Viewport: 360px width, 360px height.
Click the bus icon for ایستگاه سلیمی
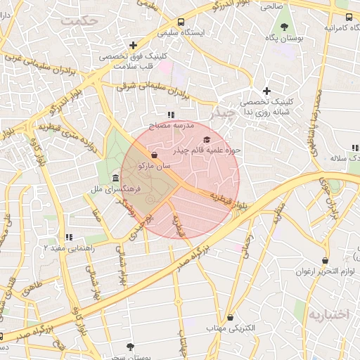coord(181,22)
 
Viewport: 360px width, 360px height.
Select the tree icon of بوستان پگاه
coord(284,27)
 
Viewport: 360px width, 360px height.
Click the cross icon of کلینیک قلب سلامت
coord(133,45)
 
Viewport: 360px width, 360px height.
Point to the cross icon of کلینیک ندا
coord(266,91)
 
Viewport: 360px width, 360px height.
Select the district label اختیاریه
coord(328,315)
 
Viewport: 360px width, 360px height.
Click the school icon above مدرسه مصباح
coord(170,114)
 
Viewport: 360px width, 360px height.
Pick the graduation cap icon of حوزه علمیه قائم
coord(206,140)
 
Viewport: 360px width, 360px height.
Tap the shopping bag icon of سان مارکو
coord(155,155)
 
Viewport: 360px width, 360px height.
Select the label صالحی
coord(272,6)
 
